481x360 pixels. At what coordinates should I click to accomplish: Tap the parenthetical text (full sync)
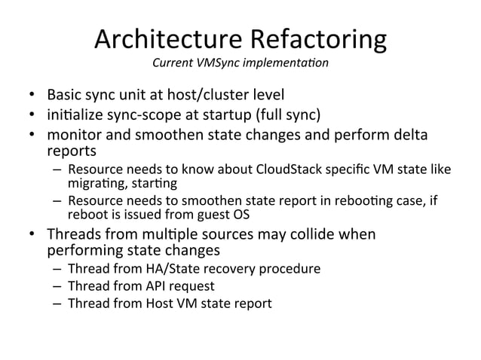(290, 116)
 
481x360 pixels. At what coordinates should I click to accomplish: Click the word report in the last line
(253, 304)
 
